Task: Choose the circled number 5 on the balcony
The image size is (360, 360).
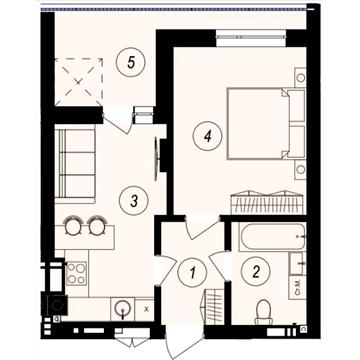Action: [x=125, y=61]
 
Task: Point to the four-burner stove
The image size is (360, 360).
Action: [x=76, y=272]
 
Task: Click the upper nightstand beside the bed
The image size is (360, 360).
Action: [x=300, y=77]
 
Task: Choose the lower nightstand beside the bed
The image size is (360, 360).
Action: [x=300, y=168]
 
